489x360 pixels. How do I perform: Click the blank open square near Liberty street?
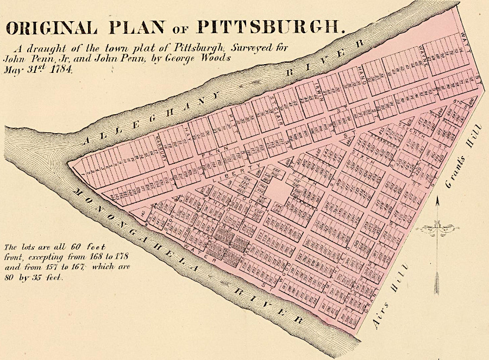(278, 190)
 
